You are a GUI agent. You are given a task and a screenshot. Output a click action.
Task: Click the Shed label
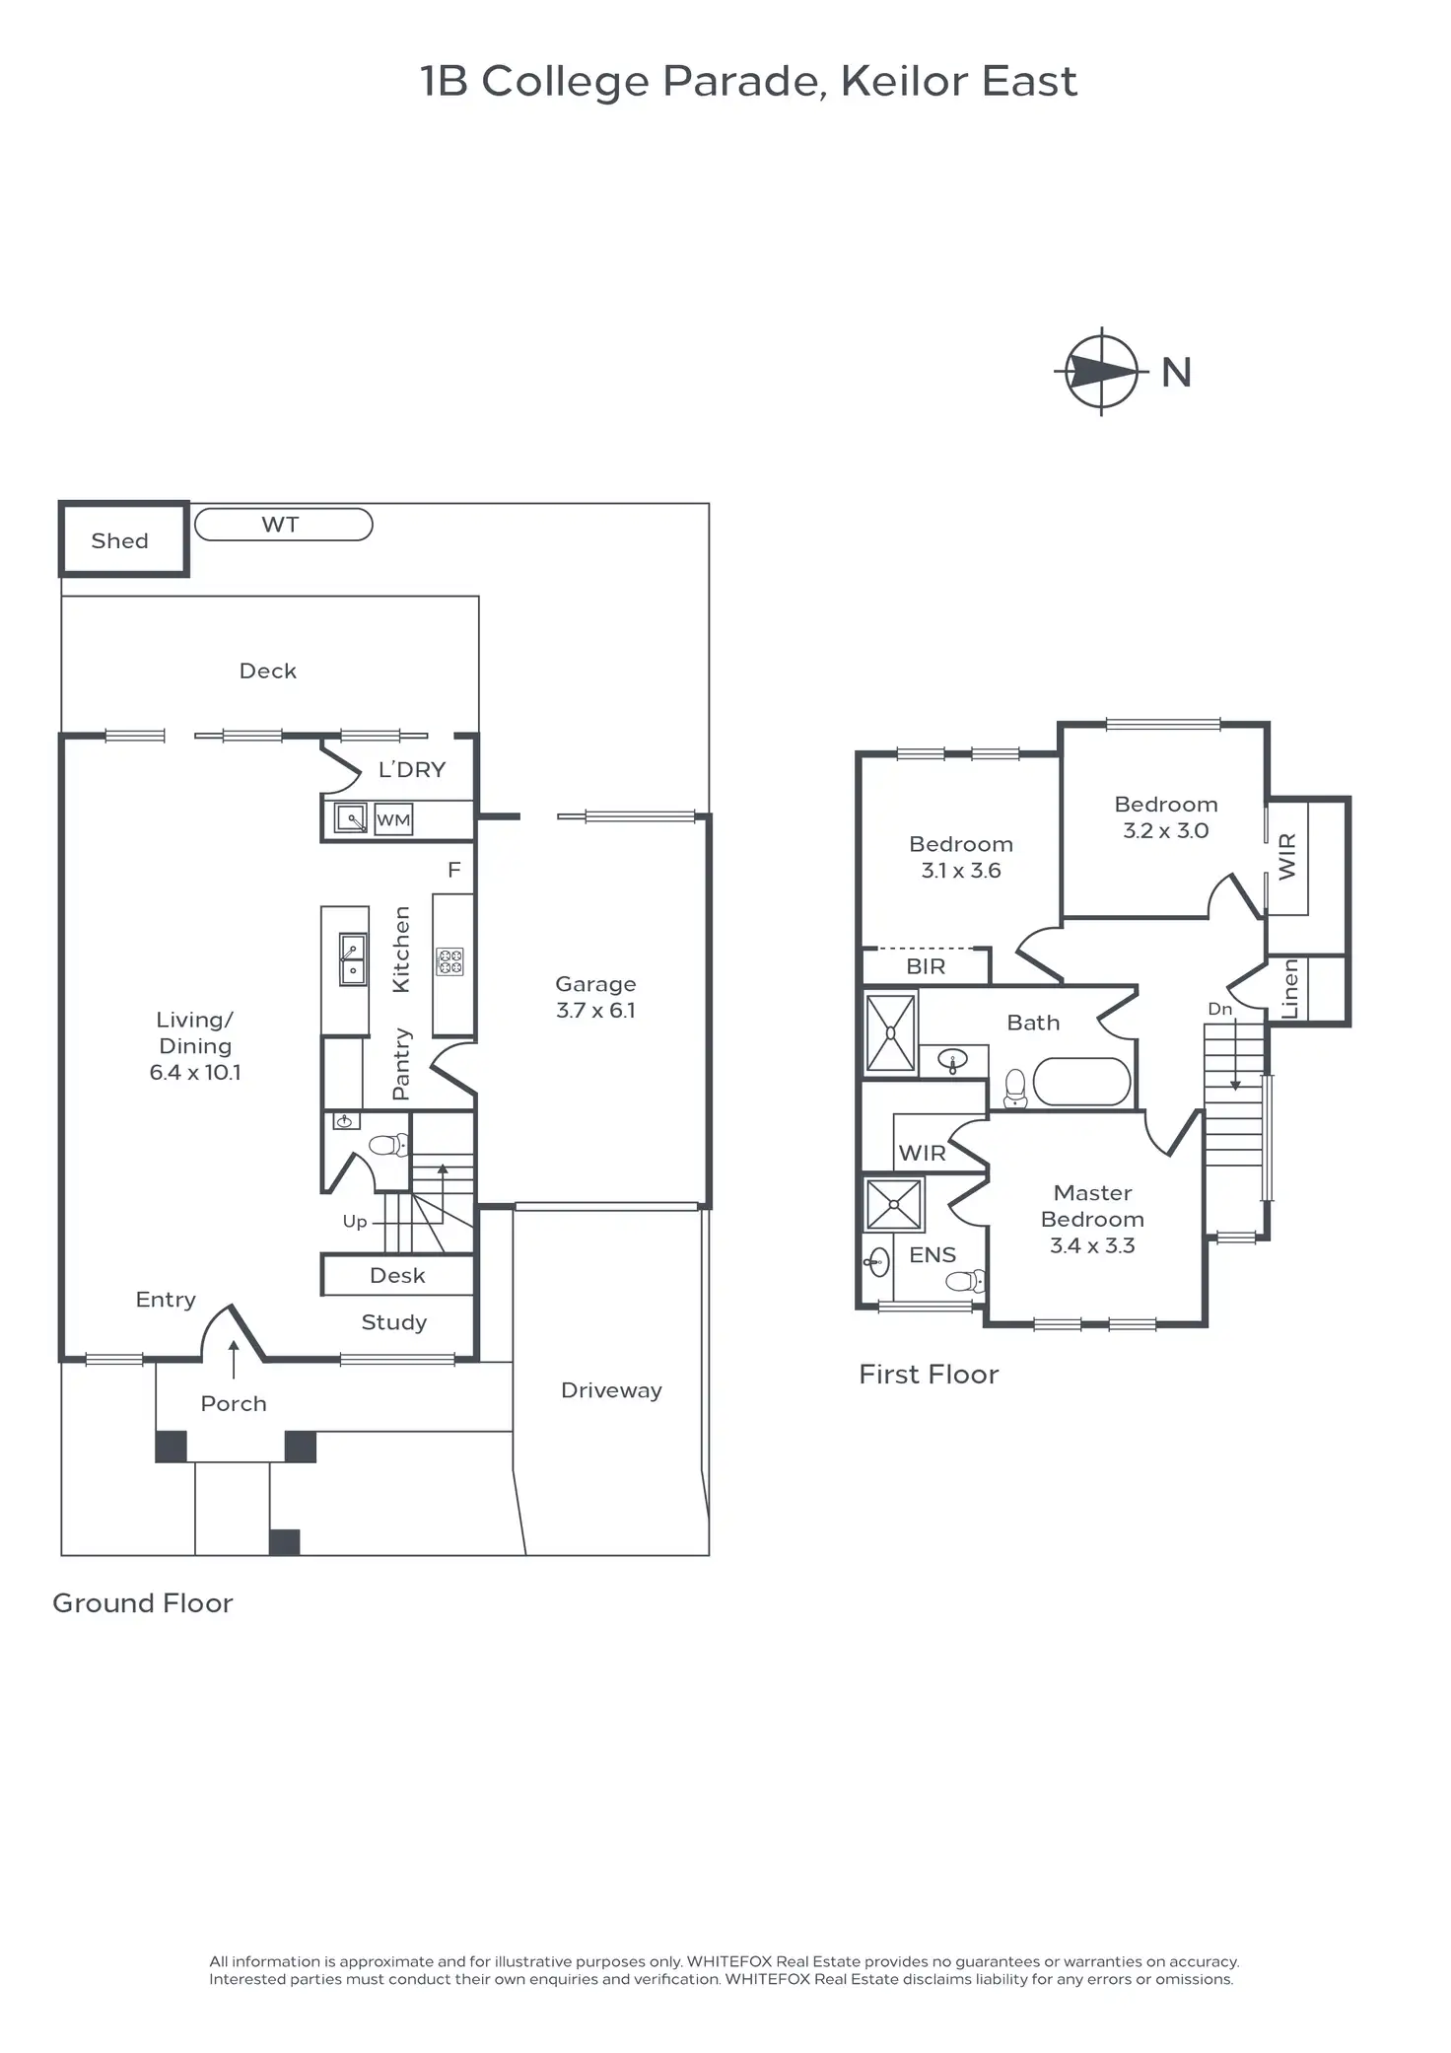[x=119, y=540]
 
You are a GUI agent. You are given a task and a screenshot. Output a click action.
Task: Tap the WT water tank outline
[x=283, y=525]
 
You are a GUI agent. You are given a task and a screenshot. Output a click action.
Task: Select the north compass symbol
[x=1102, y=372]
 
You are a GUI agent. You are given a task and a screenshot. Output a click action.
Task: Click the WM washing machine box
[x=393, y=819]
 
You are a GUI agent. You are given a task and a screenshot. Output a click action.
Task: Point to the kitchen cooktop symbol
[x=450, y=961]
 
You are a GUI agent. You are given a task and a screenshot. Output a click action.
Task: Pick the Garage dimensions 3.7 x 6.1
[x=595, y=1010]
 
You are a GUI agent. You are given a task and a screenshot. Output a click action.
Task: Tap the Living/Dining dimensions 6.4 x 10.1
[x=194, y=1072]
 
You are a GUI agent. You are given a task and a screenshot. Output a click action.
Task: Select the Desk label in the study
[x=397, y=1275]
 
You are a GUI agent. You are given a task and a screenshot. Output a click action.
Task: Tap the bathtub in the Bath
[x=1081, y=1083]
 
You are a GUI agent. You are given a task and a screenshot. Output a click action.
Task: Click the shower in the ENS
[x=894, y=1204]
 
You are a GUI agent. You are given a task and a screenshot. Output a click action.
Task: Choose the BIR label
[x=926, y=966]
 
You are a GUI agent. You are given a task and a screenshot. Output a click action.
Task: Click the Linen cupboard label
[x=1290, y=989]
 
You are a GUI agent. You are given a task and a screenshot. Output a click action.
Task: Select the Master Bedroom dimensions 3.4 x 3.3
[x=1092, y=1245]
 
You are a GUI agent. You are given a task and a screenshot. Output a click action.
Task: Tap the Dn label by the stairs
[x=1219, y=1009]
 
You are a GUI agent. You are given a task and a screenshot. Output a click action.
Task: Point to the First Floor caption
[x=929, y=1374]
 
